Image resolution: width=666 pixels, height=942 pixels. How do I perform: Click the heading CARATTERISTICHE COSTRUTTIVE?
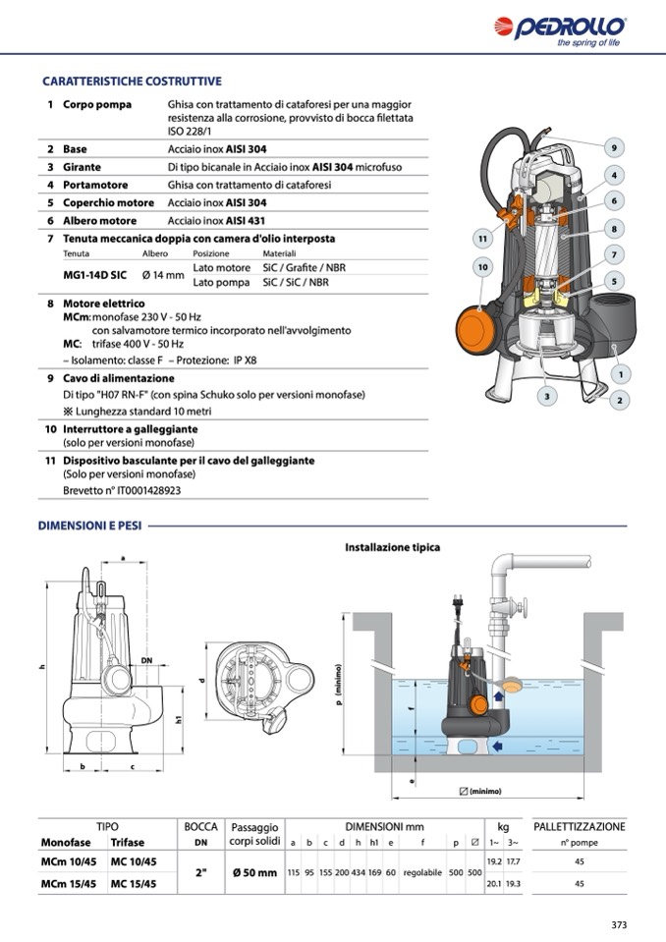[132, 81]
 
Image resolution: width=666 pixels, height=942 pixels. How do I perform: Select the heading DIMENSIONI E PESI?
[89, 526]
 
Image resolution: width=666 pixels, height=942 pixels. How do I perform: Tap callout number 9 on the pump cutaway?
[613, 148]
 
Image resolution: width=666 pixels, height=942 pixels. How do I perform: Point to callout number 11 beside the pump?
[482, 238]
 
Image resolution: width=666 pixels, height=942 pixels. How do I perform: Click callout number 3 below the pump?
[547, 397]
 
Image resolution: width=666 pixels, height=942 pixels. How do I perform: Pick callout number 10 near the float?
[482, 266]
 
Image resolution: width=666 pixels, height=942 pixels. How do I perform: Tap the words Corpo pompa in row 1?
[97, 104]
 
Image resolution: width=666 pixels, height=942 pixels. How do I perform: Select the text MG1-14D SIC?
[94, 275]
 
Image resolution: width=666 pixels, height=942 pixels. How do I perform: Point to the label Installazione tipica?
[392, 547]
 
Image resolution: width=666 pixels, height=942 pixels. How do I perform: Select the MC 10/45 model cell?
[134, 860]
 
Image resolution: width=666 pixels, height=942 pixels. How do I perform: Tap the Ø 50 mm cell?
[254, 872]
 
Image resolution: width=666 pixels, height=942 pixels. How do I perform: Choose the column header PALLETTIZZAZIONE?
[579, 826]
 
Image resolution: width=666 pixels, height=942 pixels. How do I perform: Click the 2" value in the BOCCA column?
[201, 872]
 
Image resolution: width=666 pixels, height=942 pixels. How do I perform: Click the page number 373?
[618, 924]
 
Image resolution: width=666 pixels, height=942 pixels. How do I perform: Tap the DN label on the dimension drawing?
[146, 660]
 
